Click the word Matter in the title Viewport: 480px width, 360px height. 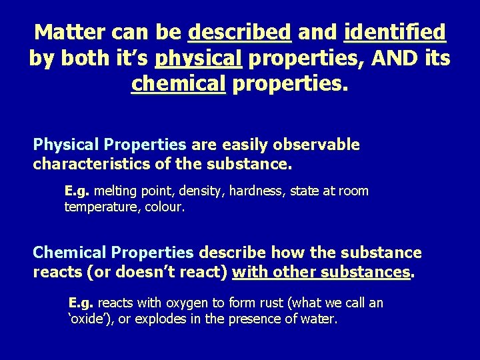click(x=70, y=31)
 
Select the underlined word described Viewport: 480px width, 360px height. click(x=240, y=31)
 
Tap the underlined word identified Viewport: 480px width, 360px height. click(x=395, y=31)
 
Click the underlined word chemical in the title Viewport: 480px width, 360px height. click(x=179, y=85)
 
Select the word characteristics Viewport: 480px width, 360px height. click(x=96, y=163)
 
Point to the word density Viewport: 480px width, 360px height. click(x=203, y=191)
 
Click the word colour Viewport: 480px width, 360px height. click(x=163, y=207)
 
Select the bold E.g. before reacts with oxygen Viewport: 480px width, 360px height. click(x=80, y=303)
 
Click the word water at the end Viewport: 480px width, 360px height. click(x=321, y=319)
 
